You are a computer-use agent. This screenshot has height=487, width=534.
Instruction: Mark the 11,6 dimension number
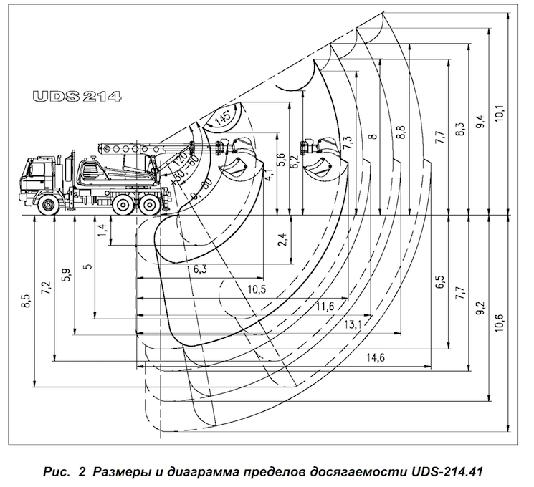324,307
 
